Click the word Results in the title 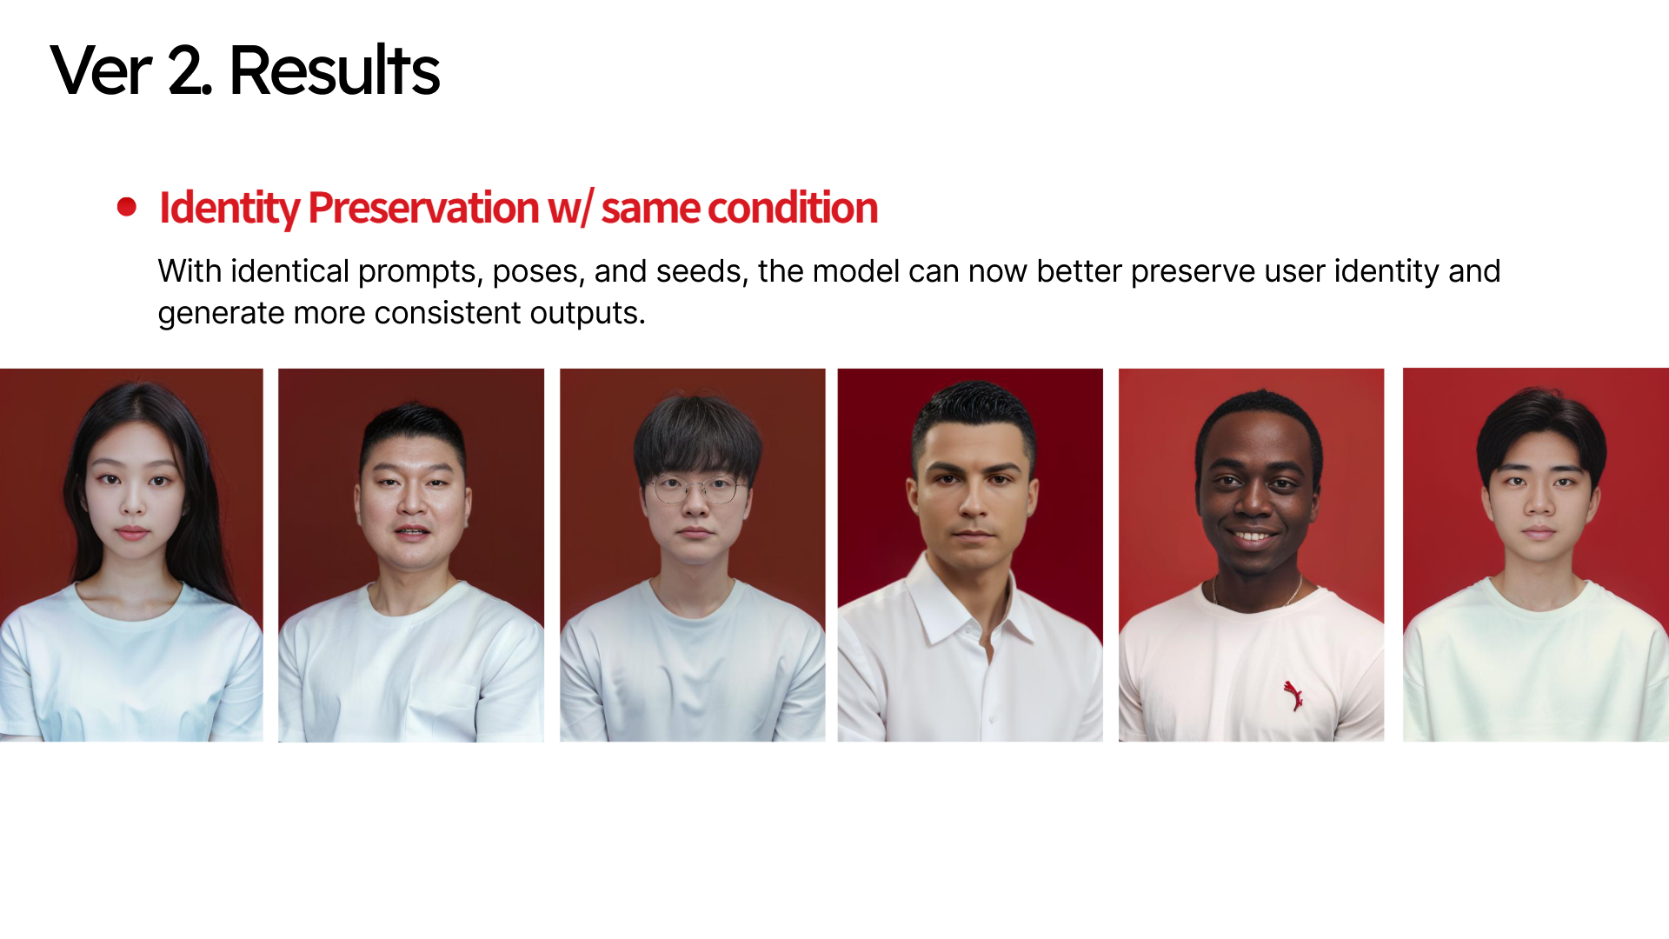coord(335,70)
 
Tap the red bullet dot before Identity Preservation coord(127,207)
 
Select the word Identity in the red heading coord(229,209)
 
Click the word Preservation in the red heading coord(423,208)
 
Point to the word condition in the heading coord(792,208)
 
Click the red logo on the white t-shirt coord(1293,696)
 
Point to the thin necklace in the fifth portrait coord(1254,593)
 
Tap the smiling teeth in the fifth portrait coord(1253,536)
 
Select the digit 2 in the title coord(185,71)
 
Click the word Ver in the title coord(101,71)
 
